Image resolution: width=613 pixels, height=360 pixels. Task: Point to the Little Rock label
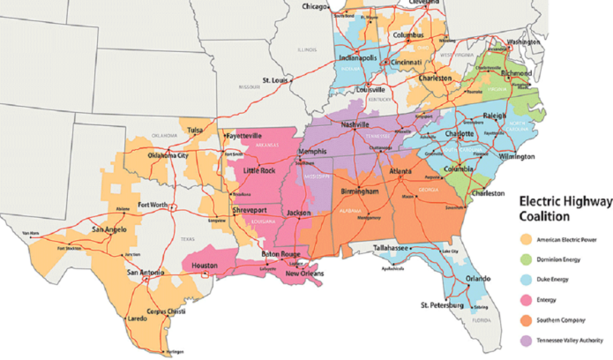pyautogui.click(x=259, y=170)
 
